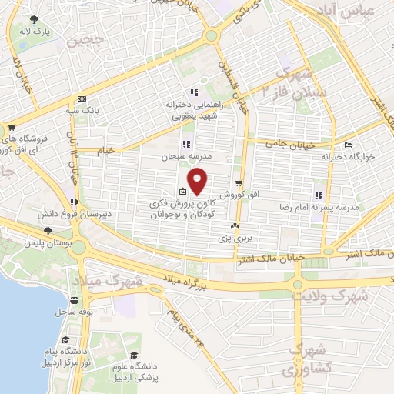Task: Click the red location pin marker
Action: coord(198,181)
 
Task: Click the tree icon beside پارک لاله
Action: coord(32,19)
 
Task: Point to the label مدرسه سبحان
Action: coord(185,155)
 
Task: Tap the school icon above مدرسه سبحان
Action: coord(186,143)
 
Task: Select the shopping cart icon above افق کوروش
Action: coord(240,183)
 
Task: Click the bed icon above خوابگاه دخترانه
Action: coord(348,144)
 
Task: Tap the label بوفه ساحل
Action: coord(73,312)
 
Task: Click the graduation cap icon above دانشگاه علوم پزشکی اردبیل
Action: coord(134,356)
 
